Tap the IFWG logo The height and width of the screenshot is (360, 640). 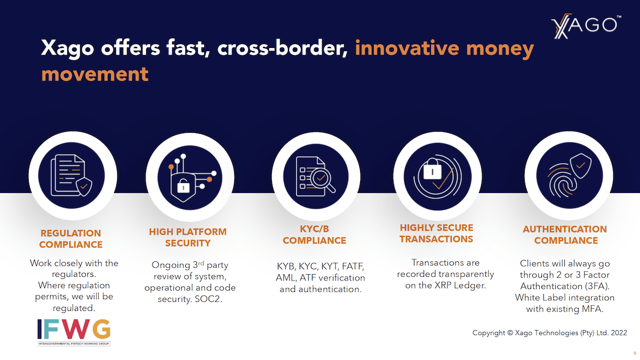coord(74,332)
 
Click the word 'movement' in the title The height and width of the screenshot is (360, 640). coord(95,74)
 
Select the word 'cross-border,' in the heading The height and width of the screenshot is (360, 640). coord(282,47)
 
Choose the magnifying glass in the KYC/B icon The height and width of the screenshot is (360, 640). coord(322,180)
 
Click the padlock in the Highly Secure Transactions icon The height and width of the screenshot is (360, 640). coord(432,169)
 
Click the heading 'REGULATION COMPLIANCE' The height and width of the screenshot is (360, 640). coord(71,239)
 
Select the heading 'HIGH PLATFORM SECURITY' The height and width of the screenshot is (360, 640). coord(188,237)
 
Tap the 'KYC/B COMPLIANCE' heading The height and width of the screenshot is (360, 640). coord(314,235)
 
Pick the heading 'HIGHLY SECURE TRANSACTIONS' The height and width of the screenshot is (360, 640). coord(436,234)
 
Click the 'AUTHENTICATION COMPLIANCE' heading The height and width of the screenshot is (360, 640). coord(565,235)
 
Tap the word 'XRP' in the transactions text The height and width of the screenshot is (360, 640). coord(443,285)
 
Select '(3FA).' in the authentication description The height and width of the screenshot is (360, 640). coord(597,286)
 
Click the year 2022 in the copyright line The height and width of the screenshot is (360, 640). coord(619,333)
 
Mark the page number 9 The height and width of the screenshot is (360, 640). coord(635,354)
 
